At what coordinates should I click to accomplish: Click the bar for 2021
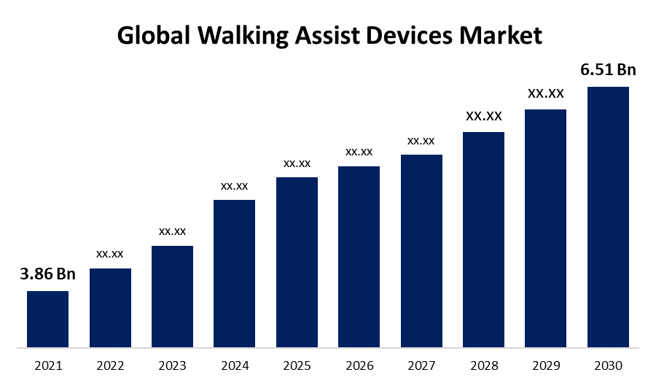point(47,319)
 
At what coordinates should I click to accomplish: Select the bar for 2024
point(234,273)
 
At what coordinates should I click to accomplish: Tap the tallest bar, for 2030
point(608,217)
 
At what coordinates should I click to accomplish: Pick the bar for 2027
point(421,250)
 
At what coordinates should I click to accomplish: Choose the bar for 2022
point(110,307)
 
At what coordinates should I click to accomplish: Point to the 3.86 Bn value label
point(47,274)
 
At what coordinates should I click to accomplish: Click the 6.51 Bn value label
point(608,70)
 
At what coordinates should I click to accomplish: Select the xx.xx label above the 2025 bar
point(297,163)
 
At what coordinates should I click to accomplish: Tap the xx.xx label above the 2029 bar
point(545,93)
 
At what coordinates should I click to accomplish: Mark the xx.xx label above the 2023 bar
point(172,231)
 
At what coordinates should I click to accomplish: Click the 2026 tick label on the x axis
point(359,365)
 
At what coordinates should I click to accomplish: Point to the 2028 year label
point(483,365)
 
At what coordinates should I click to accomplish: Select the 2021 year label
point(47,365)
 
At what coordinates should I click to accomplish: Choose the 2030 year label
point(608,365)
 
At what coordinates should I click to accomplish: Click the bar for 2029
point(545,228)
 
